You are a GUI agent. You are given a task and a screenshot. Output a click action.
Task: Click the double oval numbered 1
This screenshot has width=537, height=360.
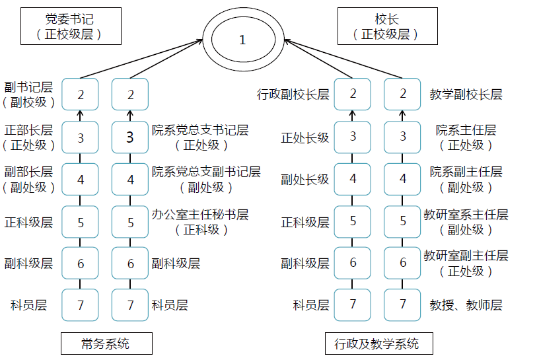[242, 40]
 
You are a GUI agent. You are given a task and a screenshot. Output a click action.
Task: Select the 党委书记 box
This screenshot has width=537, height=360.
[71, 26]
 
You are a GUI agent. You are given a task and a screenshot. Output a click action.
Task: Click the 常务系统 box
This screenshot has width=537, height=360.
[106, 343]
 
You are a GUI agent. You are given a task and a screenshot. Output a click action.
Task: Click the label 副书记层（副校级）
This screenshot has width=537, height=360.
[29, 94]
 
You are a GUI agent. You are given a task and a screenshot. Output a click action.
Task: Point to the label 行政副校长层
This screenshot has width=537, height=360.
[293, 94]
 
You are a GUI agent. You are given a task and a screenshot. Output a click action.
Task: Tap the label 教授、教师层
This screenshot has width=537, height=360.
[466, 305]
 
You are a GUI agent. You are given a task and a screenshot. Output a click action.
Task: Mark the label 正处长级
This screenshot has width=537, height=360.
[304, 137]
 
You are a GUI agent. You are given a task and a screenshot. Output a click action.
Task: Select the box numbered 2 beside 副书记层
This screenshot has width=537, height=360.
[81, 94]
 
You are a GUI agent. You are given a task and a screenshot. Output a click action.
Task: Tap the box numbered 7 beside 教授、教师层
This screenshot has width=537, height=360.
[403, 305]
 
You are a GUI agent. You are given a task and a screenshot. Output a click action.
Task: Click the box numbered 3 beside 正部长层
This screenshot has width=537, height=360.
[81, 137]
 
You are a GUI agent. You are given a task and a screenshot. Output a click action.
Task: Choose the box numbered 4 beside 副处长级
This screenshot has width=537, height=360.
[353, 179]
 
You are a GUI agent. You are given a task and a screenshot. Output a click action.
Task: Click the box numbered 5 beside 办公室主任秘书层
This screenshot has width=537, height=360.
[130, 222]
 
